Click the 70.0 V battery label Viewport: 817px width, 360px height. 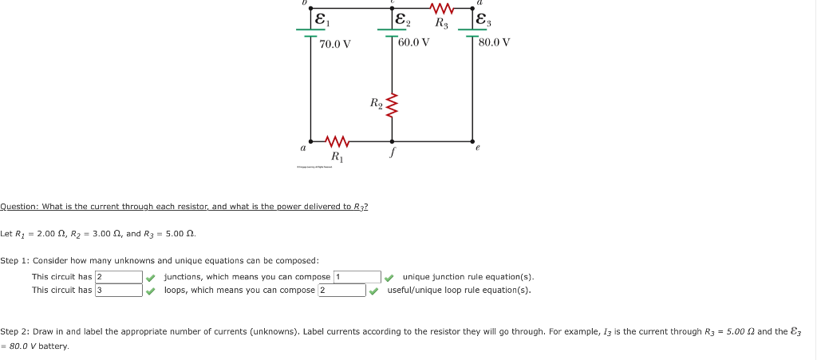click(335, 44)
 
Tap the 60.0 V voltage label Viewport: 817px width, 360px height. click(413, 42)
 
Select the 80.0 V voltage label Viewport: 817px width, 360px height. click(495, 42)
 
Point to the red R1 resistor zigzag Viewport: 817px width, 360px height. click(335, 141)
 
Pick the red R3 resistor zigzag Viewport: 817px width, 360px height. click(441, 10)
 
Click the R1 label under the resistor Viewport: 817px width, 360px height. click(337, 156)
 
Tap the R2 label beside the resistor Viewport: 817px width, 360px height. click(376, 102)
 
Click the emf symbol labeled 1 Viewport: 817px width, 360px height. click(321, 19)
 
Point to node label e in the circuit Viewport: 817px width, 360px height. click(477, 148)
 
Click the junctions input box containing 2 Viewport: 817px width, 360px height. click(118, 277)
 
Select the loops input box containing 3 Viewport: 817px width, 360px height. click(118, 290)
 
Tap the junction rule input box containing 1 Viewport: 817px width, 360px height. click(357, 277)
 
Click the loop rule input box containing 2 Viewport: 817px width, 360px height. click(341, 290)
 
